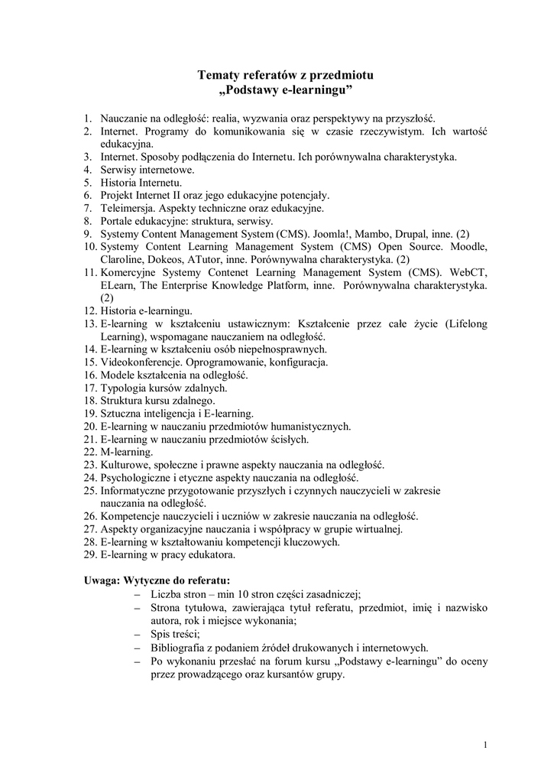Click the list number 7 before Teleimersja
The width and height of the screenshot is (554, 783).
[x=88, y=208]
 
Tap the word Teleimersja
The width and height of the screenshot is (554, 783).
[x=126, y=208]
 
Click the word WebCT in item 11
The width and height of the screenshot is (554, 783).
[x=468, y=272]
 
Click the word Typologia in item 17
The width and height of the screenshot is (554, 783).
[x=123, y=388]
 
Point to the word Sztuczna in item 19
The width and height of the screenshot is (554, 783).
[x=121, y=413]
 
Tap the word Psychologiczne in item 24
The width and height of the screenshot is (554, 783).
[x=136, y=477]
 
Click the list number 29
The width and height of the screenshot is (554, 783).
[x=89, y=554]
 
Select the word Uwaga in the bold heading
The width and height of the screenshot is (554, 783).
[x=100, y=580]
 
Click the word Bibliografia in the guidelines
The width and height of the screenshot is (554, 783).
[x=181, y=647]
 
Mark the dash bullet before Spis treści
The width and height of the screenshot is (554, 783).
[x=138, y=634]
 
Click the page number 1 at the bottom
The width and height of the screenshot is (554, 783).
[x=486, y=745]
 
